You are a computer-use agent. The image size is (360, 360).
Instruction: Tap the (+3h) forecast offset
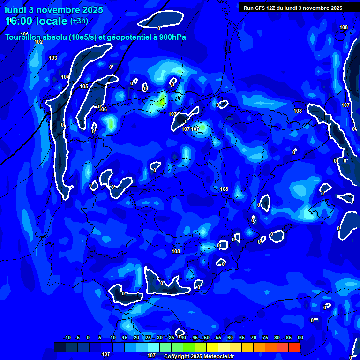coord(79,21)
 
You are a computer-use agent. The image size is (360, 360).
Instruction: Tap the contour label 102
coord(38,42)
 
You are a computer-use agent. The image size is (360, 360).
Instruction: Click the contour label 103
coord(53,58)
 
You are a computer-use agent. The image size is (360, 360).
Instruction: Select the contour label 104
coord(65,77)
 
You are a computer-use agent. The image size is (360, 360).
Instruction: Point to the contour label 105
coord(84,86)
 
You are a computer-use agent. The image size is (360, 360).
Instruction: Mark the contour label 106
coord(103,109)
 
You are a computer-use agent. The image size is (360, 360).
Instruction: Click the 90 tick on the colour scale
coord(300,338)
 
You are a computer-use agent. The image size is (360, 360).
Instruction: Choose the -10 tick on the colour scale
coord(67,338)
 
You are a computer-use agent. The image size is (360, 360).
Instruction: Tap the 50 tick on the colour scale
coord(206,338)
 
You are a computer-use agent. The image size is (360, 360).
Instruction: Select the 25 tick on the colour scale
coord(148,338)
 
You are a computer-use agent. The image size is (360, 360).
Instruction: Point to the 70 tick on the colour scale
coord(253,338)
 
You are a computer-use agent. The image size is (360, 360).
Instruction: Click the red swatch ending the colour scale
coord(294,347)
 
